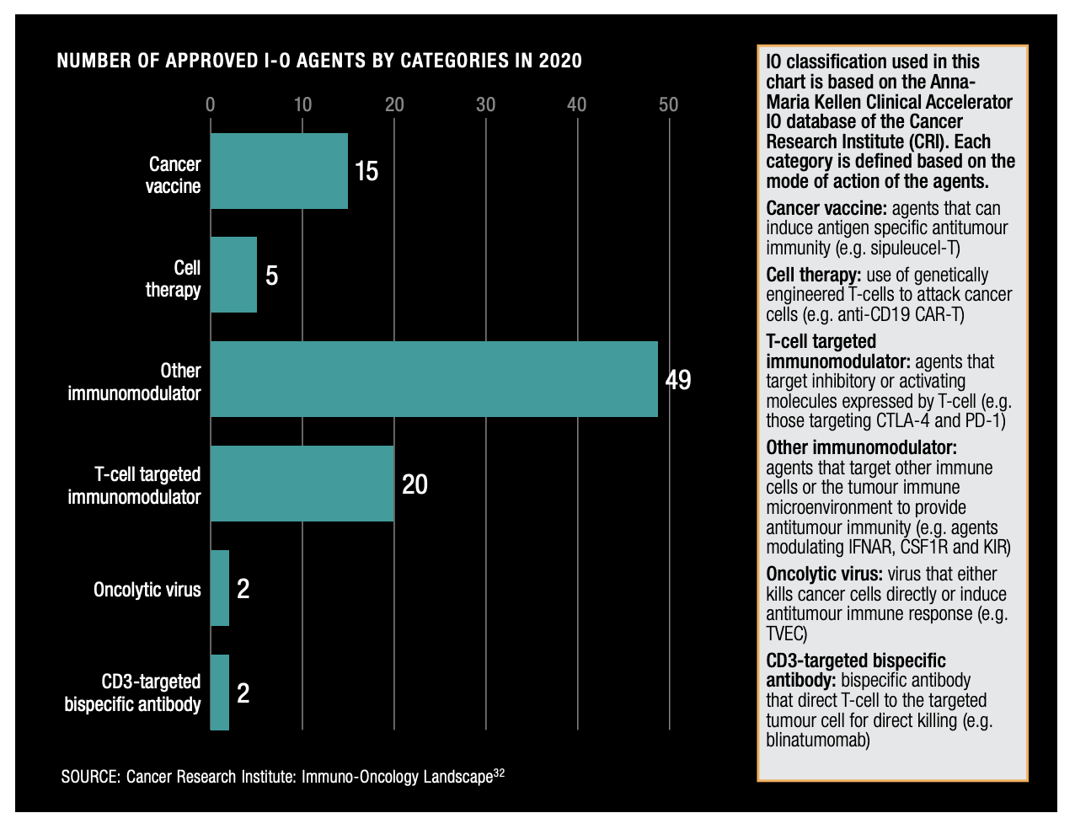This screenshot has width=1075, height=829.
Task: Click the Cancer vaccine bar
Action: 279,171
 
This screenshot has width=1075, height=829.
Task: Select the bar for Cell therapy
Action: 233,275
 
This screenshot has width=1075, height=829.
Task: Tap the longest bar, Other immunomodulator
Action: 434,379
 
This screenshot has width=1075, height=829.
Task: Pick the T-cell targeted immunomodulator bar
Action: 302,484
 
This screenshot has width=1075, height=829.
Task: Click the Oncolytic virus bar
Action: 220,588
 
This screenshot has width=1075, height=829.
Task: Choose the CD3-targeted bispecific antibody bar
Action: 220,693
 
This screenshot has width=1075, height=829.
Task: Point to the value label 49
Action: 678,380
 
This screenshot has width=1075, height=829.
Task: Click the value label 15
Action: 366,172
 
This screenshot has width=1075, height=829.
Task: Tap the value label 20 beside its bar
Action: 414,484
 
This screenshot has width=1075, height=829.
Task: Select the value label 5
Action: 271,275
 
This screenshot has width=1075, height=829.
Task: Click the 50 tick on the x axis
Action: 668,104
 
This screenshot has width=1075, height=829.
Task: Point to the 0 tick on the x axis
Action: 211,104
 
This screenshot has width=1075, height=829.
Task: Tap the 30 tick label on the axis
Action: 485,104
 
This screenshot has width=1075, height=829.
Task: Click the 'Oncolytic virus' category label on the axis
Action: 147,589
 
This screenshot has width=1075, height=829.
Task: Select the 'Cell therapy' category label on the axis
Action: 174,279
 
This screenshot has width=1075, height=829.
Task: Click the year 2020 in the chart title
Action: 560,61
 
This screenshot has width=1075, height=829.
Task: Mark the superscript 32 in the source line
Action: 499,772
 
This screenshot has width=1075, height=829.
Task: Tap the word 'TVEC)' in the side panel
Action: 786,634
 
